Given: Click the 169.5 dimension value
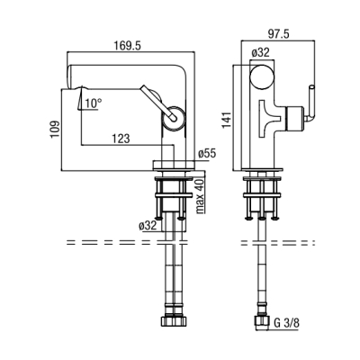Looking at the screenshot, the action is [127, 46].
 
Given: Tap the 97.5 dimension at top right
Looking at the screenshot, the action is [278, 34].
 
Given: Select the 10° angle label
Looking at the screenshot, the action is [94, 103].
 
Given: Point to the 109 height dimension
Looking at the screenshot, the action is [55, 130].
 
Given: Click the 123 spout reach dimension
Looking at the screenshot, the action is [121, 139].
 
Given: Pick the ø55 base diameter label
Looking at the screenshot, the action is [207, 154].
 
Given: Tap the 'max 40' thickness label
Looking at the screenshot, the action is [200, 195].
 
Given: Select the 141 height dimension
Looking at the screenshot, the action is [227, 120].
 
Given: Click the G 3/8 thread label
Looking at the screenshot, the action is [286, 323].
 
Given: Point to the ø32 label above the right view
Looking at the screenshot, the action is [260, 53].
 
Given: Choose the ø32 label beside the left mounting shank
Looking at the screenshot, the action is [148, 225].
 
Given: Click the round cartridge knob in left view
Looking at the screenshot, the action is [174, 118].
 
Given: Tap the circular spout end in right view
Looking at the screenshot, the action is [262, 76].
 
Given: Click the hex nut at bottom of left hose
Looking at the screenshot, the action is [174, 320].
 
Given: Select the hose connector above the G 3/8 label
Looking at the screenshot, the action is [262, 319].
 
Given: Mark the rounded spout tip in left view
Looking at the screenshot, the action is [70, 76].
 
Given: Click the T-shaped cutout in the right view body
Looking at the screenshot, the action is [268, 118].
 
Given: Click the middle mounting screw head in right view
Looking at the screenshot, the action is [262, 218].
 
